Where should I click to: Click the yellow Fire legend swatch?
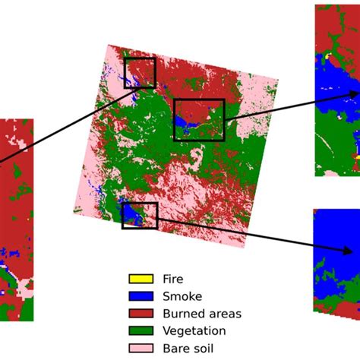point(141,279)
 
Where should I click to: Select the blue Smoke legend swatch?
point(141,296)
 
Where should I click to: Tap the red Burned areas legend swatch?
point(141,314)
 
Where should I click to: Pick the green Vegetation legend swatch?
point(141,331)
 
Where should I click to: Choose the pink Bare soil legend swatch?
point(141,349)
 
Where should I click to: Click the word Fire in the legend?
point(172,279)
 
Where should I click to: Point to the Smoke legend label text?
point(180,296)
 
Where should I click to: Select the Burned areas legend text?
point(201,314)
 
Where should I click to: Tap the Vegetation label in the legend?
point(194,331)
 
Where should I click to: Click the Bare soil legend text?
point(188,349)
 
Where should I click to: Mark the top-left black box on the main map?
point(140,73)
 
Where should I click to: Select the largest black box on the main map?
point(199,120)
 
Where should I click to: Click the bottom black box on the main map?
point(140,216)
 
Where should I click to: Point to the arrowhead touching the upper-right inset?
point(353,94)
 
